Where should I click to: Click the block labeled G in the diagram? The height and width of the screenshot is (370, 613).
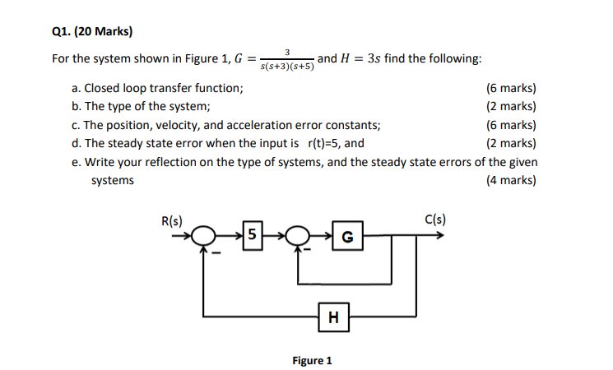[346, 238]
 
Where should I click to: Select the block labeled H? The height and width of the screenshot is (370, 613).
[333, 315]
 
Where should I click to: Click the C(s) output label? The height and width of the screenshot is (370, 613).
[435, 219]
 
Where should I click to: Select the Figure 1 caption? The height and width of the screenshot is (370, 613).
[312, 360]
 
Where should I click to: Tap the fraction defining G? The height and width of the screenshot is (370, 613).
[286, 60]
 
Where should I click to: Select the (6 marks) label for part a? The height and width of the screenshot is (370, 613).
[511, 88]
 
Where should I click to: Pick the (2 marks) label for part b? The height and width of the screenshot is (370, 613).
[511, 106]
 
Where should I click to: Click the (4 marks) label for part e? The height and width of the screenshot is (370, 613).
[511, 180]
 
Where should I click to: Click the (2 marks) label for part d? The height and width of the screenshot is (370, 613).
[511, 143]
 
